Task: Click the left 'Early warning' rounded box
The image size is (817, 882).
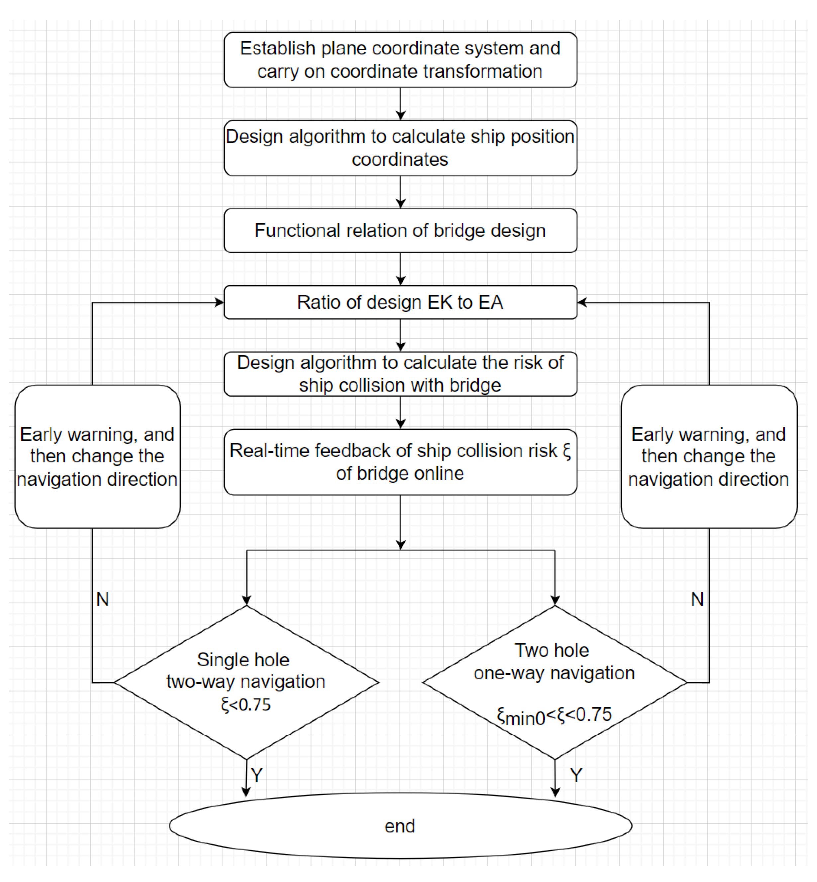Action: click(97, 456)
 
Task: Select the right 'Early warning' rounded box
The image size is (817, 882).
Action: click(709, 456)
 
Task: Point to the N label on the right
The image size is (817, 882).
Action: click(697, 600)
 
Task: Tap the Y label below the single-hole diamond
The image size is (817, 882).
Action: click(257, 775)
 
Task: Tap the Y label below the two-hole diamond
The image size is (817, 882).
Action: click(576, 775)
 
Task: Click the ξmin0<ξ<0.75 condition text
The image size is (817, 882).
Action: click(555, 715)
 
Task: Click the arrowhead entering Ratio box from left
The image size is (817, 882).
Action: click(220, 302)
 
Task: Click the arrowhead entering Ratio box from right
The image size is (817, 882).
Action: click(582, 302)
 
